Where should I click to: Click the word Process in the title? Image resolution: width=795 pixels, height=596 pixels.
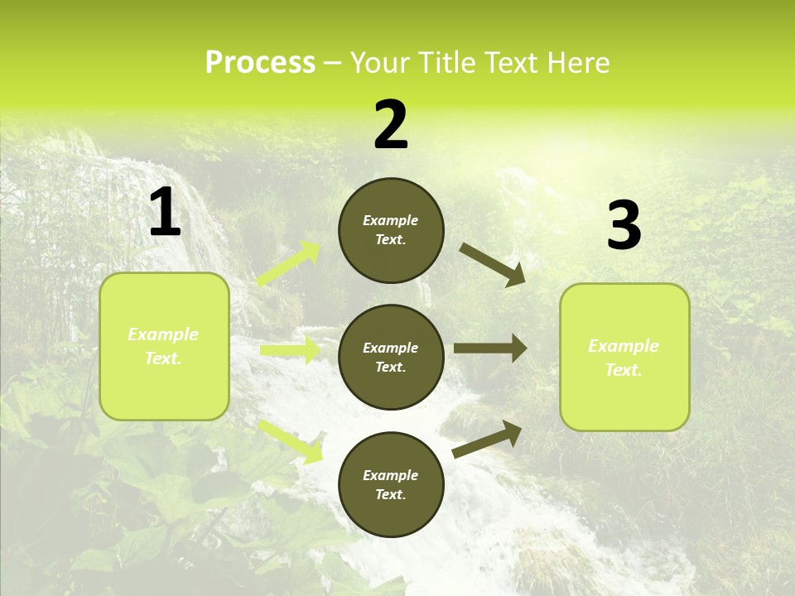[x=260, y=63]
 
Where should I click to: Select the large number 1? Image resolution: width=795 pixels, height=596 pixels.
[x=165, y=214]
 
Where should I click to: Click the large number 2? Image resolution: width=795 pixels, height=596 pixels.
[x=391, y=125]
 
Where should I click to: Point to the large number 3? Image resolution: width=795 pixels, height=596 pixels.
[x=624, y=226]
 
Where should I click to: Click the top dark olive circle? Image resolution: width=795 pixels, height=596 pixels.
[x=391, y=230]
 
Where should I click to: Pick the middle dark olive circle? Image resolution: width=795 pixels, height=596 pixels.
[x=391, y=357]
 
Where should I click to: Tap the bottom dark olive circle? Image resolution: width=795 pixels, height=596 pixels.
[x=391, y=484]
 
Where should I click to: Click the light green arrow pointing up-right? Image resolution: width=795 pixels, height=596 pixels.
[x=289, y=264]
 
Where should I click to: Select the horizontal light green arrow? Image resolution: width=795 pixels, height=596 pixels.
[x=290, y=351]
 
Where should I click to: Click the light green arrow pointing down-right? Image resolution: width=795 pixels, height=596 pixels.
[x=291, y=441]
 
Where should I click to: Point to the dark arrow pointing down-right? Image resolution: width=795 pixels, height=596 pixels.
[x=493, y=265]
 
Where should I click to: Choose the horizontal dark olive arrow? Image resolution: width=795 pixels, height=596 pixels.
[x=490, y=348]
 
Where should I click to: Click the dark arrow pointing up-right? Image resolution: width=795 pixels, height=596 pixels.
[x=487, y=439]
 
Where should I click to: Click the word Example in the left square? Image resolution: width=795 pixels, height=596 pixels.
[x=163, y=334]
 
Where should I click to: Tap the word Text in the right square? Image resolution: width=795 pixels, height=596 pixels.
[x=623, y=370]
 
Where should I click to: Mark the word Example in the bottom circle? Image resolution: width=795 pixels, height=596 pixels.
[x=390, y=475]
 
